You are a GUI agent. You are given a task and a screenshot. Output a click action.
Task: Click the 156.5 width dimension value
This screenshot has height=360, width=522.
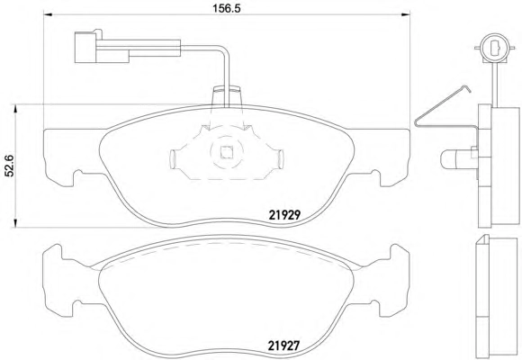227,8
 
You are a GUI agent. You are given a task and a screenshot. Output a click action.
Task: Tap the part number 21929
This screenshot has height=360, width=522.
284,215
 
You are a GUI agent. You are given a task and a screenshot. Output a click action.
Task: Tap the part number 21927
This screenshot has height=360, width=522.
284,346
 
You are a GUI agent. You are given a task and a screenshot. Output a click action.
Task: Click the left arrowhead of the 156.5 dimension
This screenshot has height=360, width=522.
49,14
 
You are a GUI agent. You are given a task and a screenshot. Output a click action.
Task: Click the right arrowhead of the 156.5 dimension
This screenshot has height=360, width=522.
405,14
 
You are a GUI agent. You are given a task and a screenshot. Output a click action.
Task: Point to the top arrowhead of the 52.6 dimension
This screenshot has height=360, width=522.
14,109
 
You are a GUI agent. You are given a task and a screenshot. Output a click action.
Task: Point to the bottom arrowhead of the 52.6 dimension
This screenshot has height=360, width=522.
14,223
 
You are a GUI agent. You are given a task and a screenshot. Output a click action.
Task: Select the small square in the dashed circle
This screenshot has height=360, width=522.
227,152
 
